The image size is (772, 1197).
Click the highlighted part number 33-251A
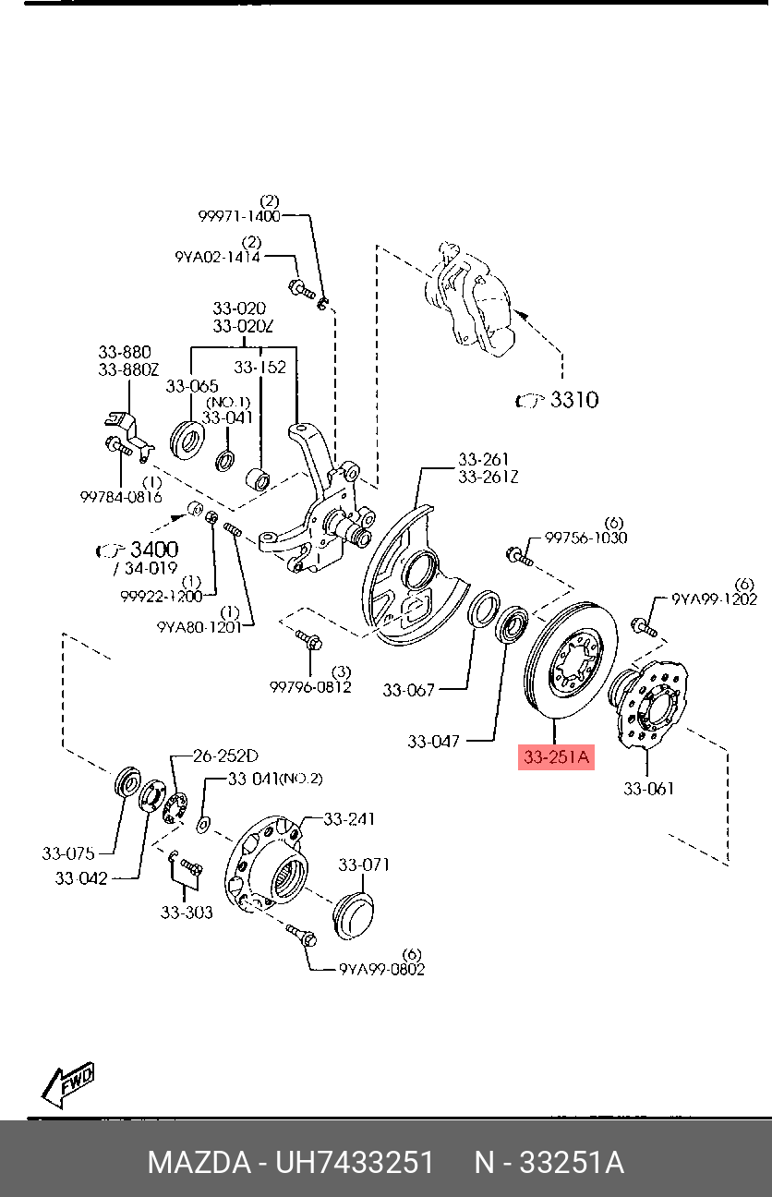555,758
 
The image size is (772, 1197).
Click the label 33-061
648,788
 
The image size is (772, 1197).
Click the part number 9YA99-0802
381,969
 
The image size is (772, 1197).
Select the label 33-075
68,853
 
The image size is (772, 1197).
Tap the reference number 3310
573,400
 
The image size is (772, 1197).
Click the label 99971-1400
238,215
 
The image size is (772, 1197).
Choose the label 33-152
259,367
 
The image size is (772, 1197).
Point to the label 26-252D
225,755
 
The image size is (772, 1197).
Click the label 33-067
408,689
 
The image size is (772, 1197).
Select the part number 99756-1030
585,538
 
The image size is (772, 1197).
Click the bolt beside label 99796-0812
308,639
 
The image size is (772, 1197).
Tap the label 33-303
187,912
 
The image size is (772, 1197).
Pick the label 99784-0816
120,496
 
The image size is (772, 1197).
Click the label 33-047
434,741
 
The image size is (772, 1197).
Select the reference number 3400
153,550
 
